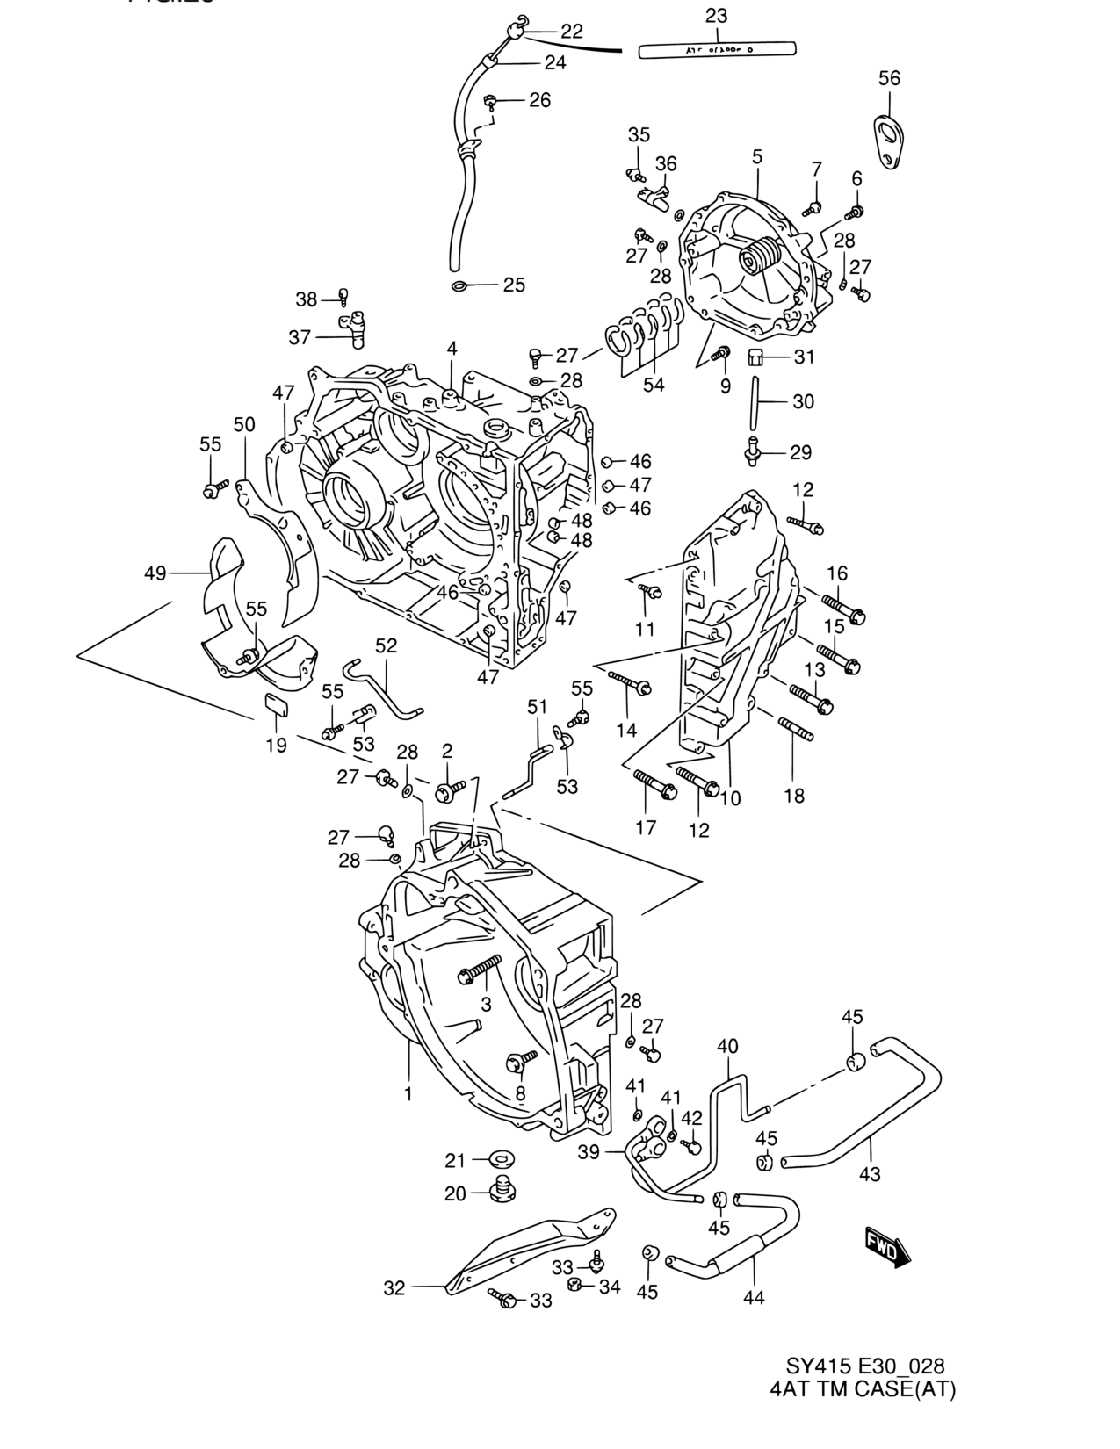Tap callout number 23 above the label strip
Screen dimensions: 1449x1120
[x=717, y=15]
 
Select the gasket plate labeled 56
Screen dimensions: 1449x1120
[x=890, y=141]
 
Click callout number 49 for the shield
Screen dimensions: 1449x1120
[x=155, y=573]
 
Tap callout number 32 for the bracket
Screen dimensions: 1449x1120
[x=394, y=1287]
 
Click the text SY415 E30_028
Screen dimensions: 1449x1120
[x=864, y=1366]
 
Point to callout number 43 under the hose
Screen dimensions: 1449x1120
[x=870, y=1173]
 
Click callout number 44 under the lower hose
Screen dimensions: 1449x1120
[x=754, y=1296]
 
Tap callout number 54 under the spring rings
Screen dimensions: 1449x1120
[x=654, y=384]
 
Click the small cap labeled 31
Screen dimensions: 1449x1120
[x=755, y=357]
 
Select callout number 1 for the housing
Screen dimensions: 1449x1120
[x=408, y=1093]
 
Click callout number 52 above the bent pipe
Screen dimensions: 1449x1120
[x=387, y=645]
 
